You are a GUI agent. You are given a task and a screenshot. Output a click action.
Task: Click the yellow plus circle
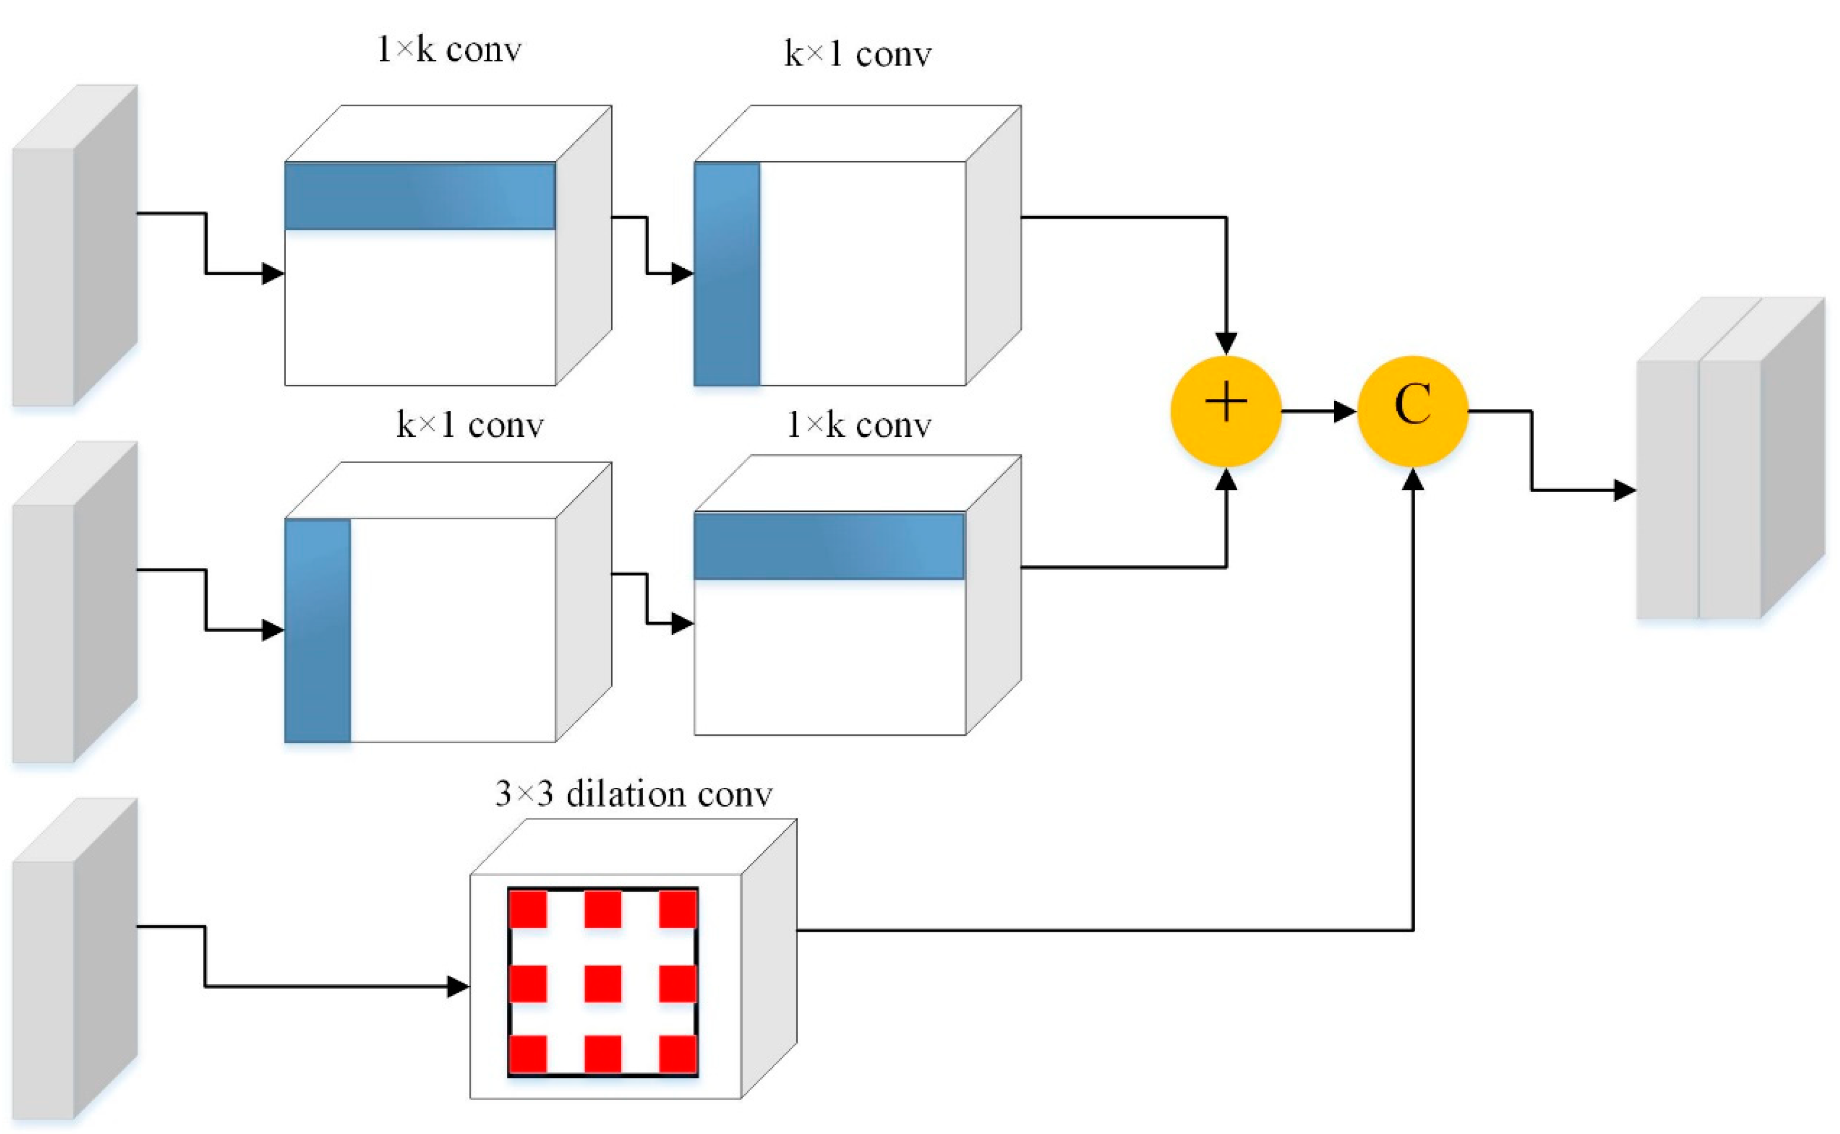tap(1226, 411)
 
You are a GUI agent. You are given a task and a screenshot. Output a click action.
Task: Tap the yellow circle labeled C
tap(1413, 411)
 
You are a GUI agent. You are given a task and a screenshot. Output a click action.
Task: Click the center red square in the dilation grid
tap(602, 983)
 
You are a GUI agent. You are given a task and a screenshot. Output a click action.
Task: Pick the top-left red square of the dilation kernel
tap(528, 909)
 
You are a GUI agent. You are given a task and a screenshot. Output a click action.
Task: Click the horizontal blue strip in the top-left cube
tap(420, 196)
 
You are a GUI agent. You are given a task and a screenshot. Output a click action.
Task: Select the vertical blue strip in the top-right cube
tap(727, 274)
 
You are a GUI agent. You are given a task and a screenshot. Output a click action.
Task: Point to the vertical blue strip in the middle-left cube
tap(317, 630)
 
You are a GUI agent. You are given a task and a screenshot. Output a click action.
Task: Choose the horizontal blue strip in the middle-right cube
tap(829, 546)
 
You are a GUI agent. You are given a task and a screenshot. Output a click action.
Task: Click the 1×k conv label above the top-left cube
tap(449, 50)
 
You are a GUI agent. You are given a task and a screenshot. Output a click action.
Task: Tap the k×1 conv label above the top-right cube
tap(858, 55)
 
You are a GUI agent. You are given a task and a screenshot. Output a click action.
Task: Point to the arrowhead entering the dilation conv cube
tap(458, 986)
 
